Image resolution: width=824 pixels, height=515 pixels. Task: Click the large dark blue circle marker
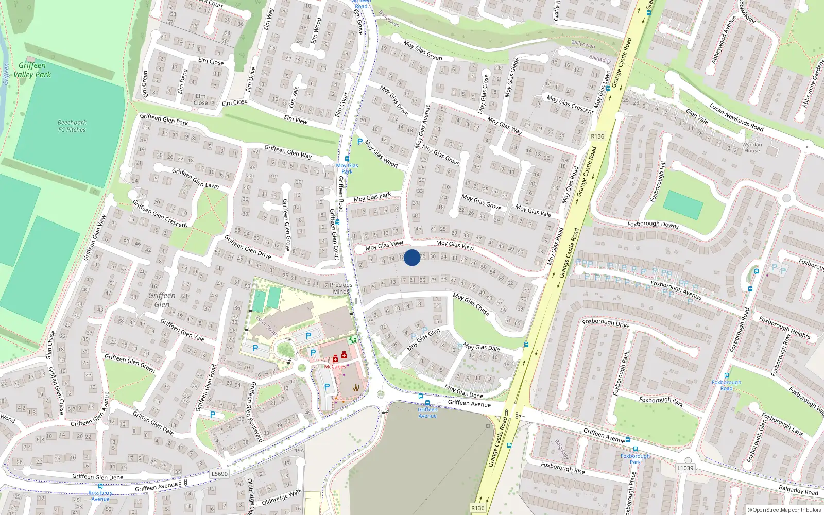412,257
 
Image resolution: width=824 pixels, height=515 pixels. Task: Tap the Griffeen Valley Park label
32,70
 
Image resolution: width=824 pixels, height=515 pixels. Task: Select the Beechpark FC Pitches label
72,126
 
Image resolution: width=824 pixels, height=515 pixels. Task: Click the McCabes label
335,367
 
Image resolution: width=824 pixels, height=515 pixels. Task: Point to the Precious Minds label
341,288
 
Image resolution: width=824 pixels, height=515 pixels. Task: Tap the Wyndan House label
752,148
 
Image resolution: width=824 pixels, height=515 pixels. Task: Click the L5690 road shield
219,474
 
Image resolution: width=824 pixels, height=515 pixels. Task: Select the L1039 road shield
685,468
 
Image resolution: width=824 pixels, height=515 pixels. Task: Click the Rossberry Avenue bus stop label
100,495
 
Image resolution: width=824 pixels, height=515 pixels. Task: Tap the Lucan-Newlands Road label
736,117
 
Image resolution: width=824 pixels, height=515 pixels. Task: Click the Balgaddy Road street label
798,490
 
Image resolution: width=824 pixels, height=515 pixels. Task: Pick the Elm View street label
296,119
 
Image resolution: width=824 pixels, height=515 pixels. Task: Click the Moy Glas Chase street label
471,303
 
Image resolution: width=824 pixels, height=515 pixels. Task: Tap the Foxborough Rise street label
563,468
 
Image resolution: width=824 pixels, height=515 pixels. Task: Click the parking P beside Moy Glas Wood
359,142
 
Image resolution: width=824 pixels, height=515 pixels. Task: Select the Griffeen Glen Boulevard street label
256,412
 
